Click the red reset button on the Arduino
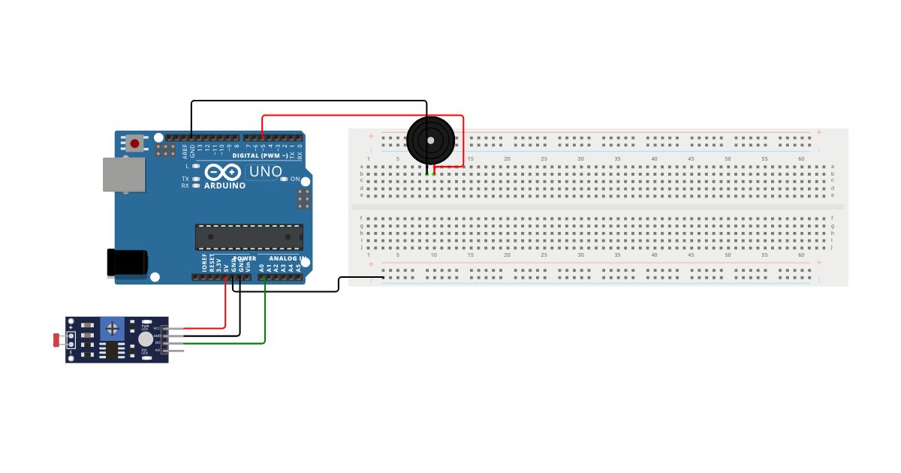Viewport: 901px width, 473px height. point(135,143)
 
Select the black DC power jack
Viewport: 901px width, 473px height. point(127,262)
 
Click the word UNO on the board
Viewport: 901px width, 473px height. point(265,172)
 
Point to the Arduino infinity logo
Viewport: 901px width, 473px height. point(222,172)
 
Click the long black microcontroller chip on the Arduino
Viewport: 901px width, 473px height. point(249,236)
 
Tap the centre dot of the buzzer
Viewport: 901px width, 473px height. point(430,140)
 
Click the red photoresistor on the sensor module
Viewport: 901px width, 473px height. point(57,339)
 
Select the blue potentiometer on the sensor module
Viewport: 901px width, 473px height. point(113,328)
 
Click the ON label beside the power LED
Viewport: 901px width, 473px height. point(295,179)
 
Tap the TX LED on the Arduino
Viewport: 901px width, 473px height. point(196,179)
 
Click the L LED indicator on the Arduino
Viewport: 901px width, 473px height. point(196,165)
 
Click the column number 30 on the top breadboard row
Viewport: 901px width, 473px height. point(580,158)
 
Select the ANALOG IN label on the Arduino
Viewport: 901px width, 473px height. point(283,258)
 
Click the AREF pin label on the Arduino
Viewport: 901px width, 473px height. point(185,151)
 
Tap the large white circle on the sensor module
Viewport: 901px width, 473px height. point(145,339)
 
